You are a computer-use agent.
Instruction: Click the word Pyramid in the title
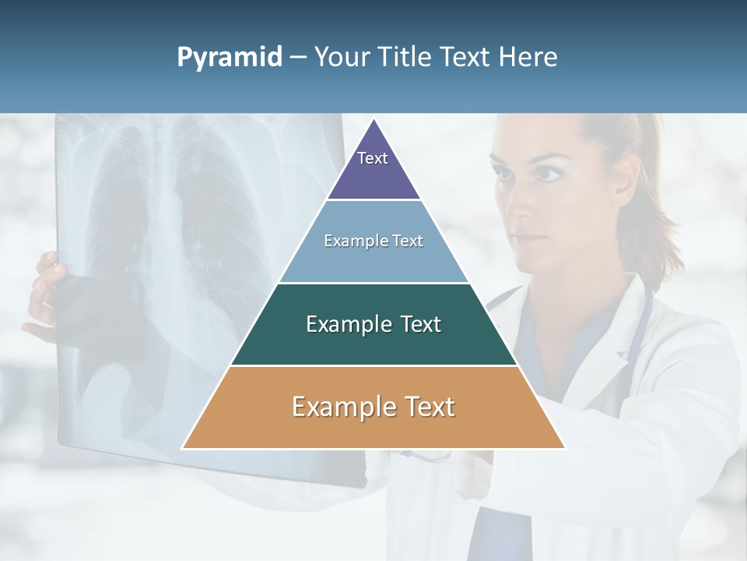[230, 58]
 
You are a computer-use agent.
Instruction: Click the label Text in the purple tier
[373, 158]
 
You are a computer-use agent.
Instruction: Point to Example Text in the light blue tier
[373, 241]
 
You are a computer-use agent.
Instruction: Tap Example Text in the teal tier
[373, 324]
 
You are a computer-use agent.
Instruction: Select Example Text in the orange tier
[373, 407]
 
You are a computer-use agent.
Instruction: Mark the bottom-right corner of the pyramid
[565, 448]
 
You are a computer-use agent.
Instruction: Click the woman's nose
[524, 203]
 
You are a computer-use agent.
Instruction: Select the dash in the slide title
[298, 58]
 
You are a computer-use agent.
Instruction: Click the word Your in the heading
[342, 58]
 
